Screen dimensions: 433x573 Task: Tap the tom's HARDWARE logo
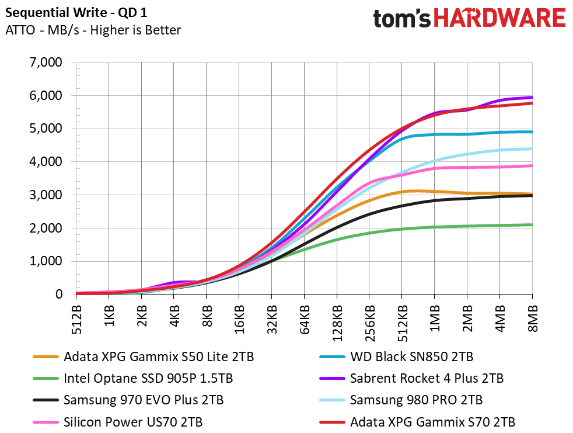[469, 19]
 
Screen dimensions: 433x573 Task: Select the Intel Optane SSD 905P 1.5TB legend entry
[149, 379]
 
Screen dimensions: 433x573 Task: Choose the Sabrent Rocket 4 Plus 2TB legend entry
[427, 379]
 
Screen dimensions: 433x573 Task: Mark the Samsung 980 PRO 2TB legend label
[416, 400]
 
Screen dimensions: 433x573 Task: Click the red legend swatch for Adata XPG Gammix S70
[331, 422]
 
